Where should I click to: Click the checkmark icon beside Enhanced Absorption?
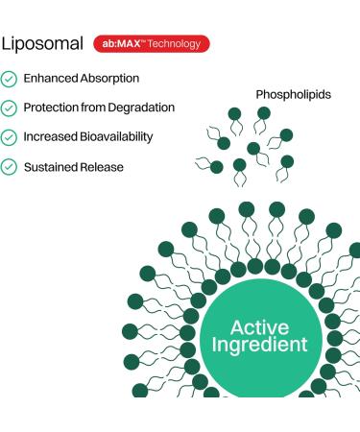(9, 79)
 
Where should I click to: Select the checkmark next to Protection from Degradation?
(9, 108)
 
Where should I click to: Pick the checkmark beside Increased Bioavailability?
(9, 137)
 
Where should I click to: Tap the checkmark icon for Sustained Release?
(9, 167)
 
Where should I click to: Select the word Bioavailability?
(118, 137)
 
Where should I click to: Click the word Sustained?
(52, 167)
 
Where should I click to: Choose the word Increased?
(52, 137)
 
